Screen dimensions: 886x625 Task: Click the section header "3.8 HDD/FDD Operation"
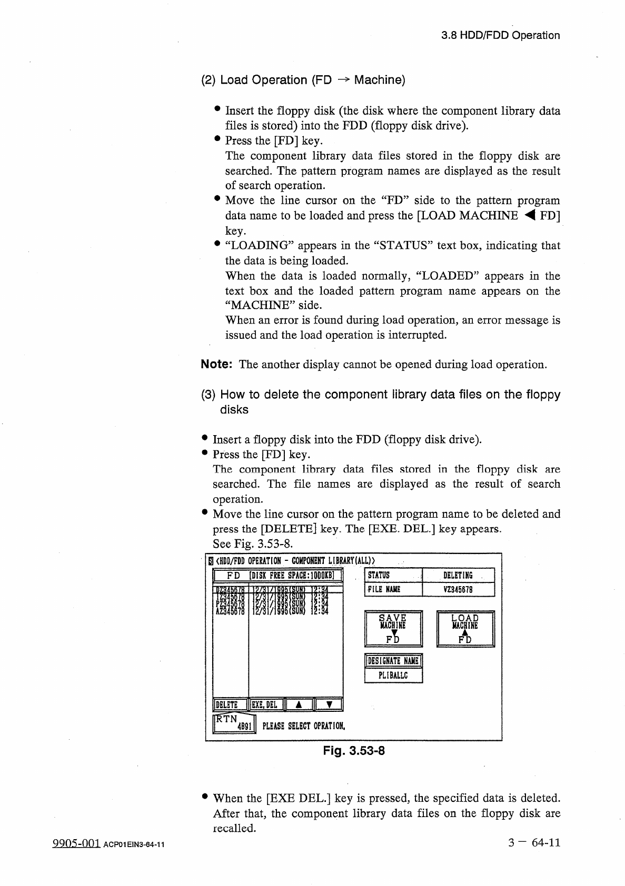coord(500,36)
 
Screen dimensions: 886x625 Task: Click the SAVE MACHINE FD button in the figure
coord(393,628)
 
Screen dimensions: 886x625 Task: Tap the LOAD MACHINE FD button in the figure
coord(465,628)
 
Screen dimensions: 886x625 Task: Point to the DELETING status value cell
coord(458,576)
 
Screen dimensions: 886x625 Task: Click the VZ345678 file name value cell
coord(458,590)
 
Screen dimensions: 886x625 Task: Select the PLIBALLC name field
coord(393,675)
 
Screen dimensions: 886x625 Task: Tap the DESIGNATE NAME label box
coord(393,661)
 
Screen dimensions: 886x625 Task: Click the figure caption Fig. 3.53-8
coord(354,751)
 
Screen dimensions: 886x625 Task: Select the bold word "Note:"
coord(217,365)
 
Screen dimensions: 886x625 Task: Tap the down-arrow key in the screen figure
coord(328,704)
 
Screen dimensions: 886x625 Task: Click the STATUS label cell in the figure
coord(393,576)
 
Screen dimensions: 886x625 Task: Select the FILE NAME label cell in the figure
coord(393,590)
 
